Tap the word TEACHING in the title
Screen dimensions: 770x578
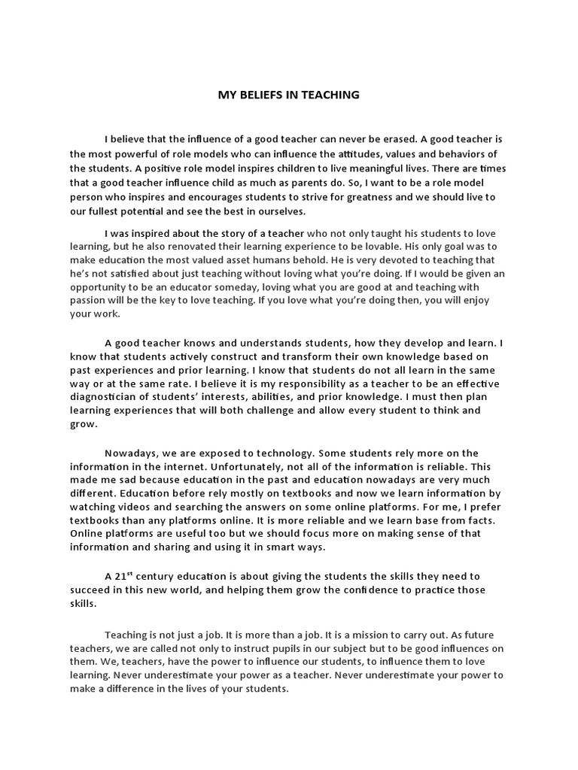(x=327, y=95)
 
